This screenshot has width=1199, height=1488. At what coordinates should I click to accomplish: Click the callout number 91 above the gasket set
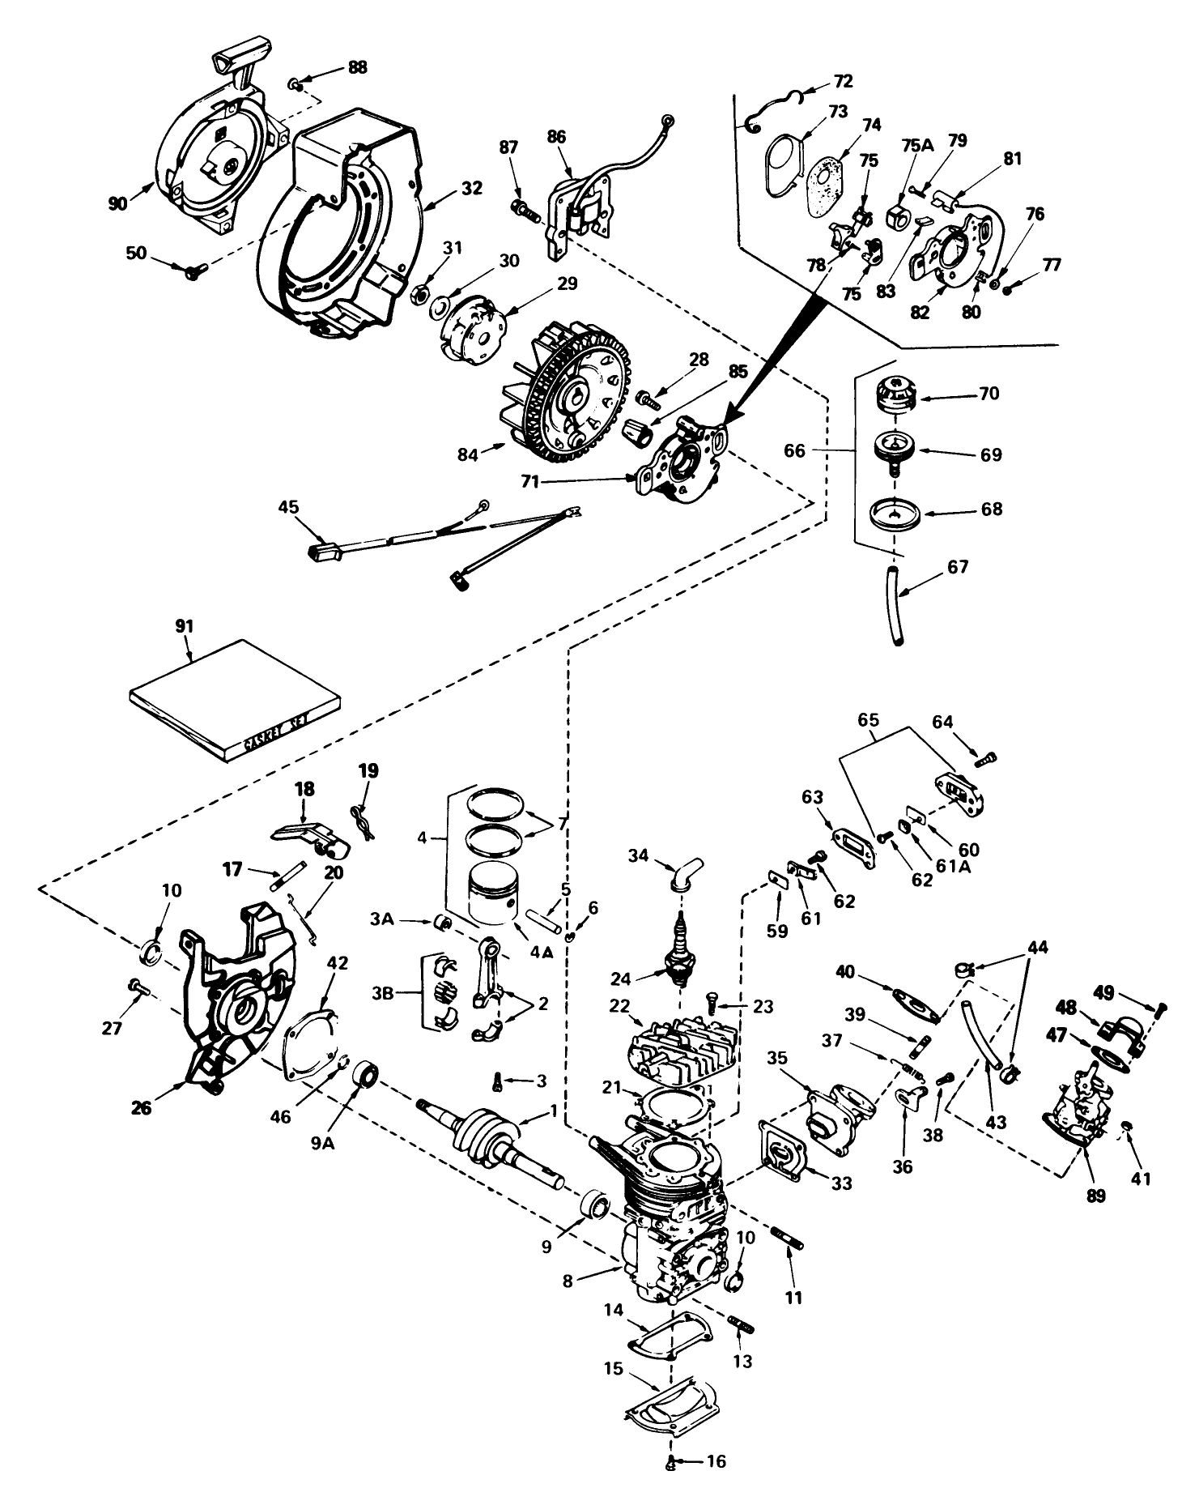186,626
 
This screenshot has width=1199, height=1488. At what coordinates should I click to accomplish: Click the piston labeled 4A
495,891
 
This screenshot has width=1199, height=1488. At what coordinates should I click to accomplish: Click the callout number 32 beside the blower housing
471,188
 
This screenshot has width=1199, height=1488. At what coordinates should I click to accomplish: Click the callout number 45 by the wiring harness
287,507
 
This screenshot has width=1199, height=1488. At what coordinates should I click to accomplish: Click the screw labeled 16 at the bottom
672,1461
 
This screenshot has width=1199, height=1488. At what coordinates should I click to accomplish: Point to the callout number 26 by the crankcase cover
141,1107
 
